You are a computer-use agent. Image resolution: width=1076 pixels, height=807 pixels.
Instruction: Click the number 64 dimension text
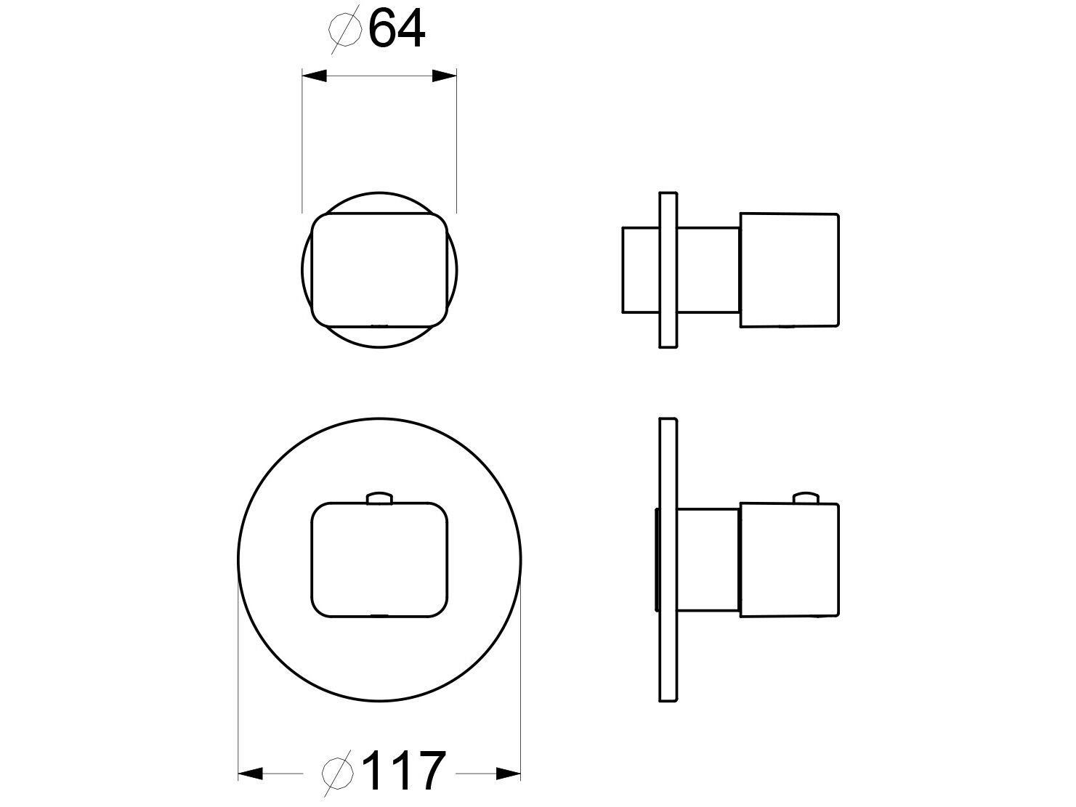click(397, 29)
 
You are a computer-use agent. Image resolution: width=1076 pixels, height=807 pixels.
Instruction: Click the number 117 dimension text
click(403, 772)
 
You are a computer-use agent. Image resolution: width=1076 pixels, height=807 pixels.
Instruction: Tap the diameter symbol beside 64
click(345, 30)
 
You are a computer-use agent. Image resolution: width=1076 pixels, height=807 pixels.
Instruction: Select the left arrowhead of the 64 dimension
click(314, 76)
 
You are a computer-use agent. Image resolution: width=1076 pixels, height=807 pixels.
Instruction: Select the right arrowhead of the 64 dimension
click(444, 76)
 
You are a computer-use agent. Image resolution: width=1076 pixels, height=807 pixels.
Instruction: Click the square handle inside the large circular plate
click(379, 559)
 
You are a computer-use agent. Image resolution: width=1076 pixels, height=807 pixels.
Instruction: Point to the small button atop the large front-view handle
click(379, 497)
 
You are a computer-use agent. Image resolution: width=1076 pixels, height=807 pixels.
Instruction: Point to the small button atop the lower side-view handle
click(805, 497)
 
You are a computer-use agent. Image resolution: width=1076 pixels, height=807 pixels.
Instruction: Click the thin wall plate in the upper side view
click(668, 269)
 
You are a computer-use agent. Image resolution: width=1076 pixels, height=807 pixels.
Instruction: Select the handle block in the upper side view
click(789, 269)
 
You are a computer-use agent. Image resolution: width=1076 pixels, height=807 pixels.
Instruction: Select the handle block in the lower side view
click(789, 559)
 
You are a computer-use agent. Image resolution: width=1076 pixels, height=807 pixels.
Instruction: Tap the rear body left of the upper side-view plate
click(640, 270)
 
